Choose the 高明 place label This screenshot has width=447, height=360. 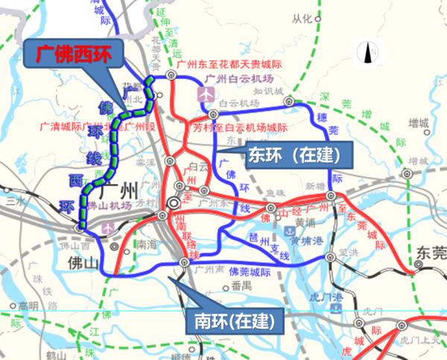point(29,306)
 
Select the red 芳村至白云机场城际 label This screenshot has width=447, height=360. point(239,127)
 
